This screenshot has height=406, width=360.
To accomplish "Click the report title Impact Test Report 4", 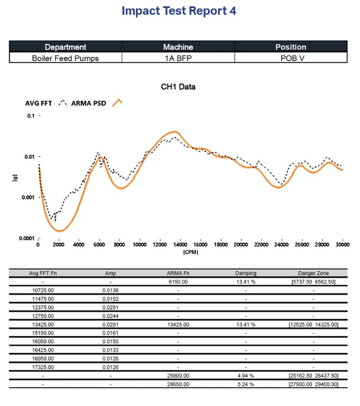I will click(x=178, y=11).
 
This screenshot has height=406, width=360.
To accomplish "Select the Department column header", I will click(x=65, y=47).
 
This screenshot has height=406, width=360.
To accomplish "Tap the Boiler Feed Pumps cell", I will click(x=65, y=57).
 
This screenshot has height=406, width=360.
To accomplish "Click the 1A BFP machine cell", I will click(x=178, y=57).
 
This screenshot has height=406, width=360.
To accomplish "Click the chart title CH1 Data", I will click(x=178, y=86).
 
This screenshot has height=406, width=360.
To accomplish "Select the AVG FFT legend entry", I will click(x=39, y=103).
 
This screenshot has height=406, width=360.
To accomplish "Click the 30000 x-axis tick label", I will click(x=343, y=245).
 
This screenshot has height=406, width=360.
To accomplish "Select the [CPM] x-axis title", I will click(x=190, y=252).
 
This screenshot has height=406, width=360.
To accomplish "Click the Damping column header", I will click(x=246, y=273).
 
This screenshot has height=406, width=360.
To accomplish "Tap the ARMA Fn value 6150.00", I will click(x=178, y=282).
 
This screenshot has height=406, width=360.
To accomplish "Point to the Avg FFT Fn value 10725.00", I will click(x=43, y=290).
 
